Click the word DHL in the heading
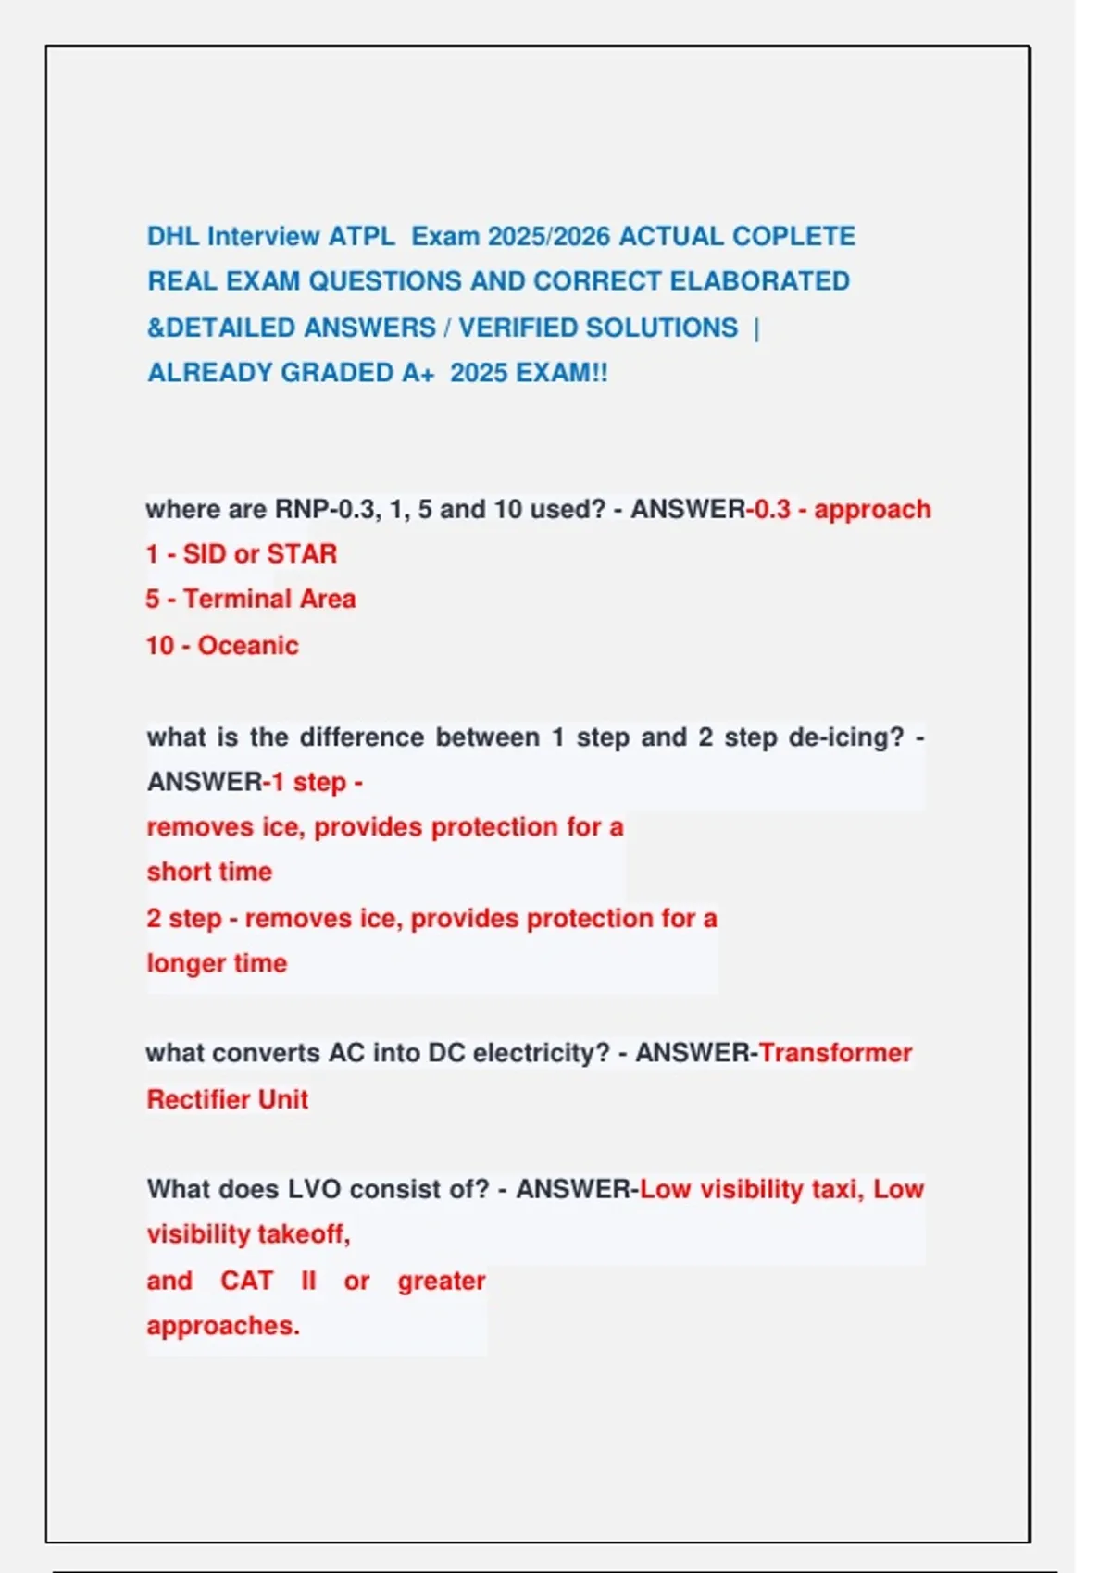(173, 236)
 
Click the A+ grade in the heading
(418, 373)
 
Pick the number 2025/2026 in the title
(549, 236)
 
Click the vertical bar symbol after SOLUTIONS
(757, 328)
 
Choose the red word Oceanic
(248, 645)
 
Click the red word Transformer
(835, 1053)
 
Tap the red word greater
(442, 1281)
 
